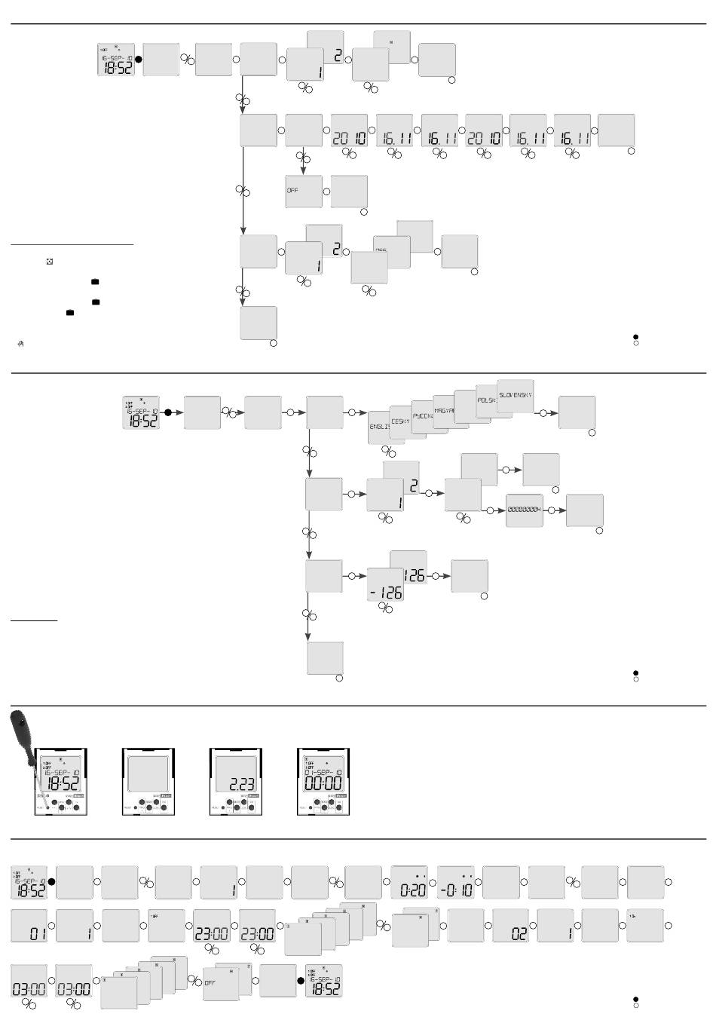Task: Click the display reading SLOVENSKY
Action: pyautogui.click(x=516, y=395)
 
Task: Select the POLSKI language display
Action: pyautogui.click(x=486, y=400)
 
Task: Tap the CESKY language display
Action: pyautogui.click(x=400, y=421)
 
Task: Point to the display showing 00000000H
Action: pyautogui.click(x=524, y=510)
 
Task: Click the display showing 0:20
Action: pyautogui.click(x=409, y=882)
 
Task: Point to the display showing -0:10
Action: pyautogui.click(x=456, y=882)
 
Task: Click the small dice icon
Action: pyautogui.click(x=50, y=262)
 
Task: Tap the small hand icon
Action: pyautogui.click(x=21, y=343)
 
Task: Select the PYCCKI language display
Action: pyautogui.click(x=421, y=416)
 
